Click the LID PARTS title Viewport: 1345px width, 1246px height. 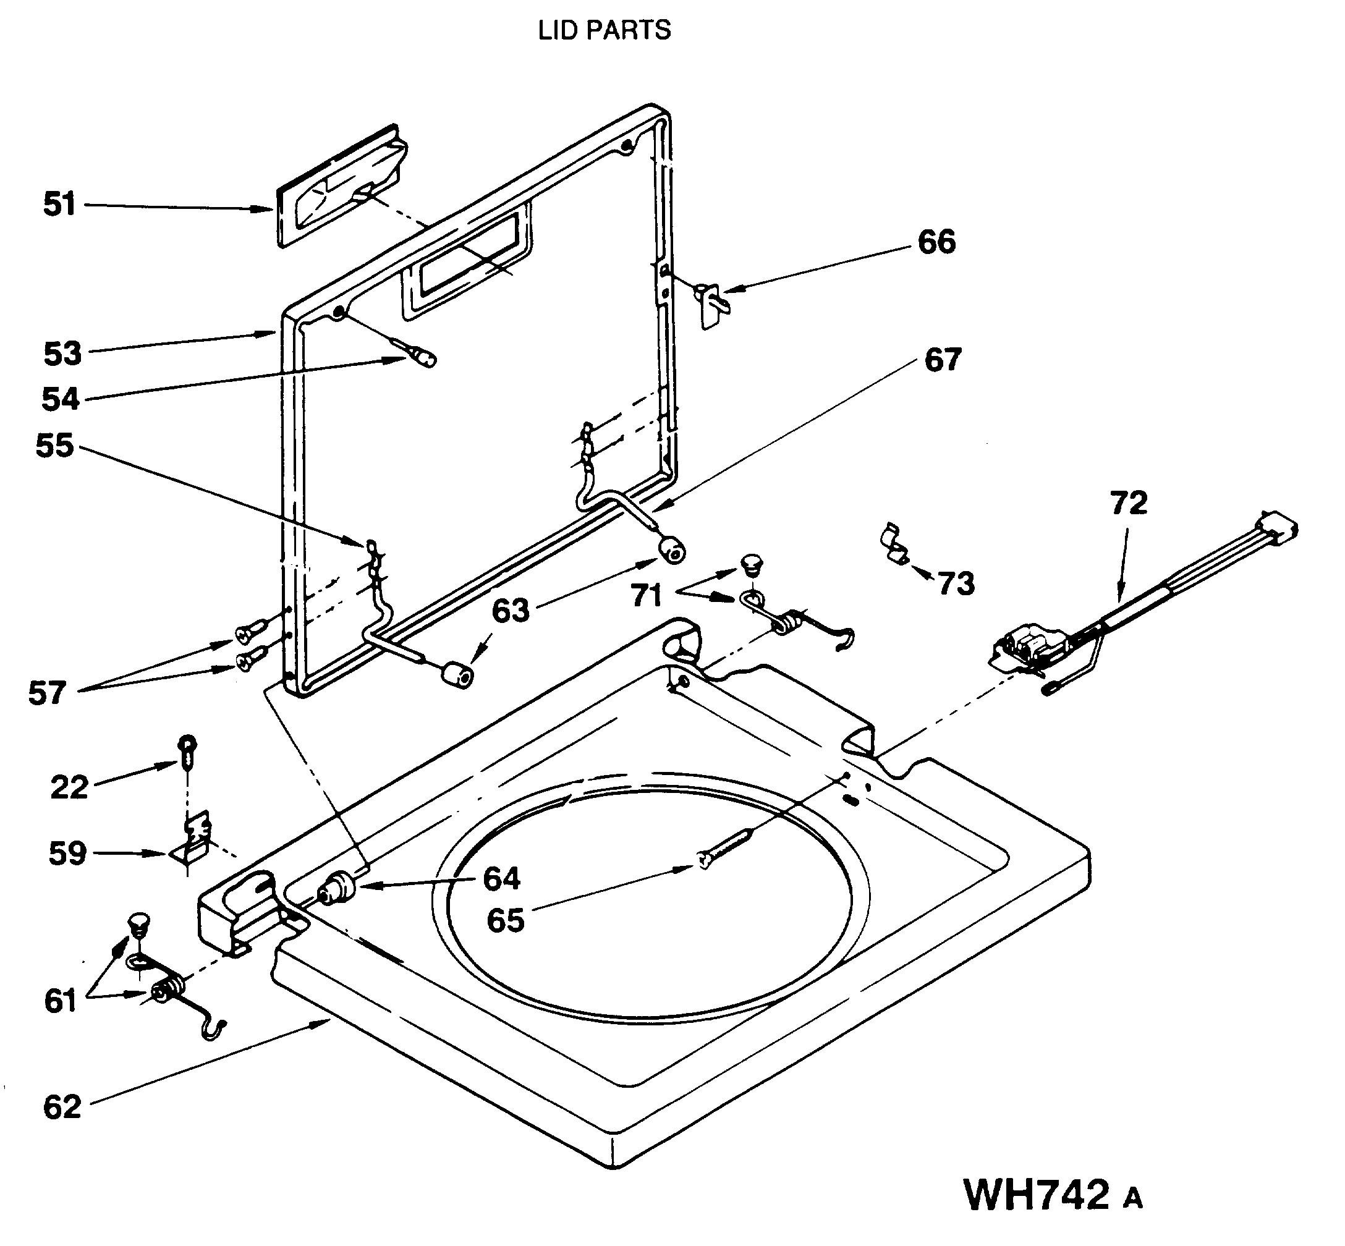click(604, 30)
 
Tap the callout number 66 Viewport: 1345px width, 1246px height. click(936, 242)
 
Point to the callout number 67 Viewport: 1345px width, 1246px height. click(942, 360)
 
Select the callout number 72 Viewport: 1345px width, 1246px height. click(1128, 504)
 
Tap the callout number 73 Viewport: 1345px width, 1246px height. click(956, 584)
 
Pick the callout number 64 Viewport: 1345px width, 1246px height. click(502, 878)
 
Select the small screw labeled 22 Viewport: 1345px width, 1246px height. click(187, 751)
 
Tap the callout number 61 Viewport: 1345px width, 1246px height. click(61, 1001)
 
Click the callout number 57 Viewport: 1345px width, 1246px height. click(47, 693)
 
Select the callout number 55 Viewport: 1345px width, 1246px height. click(54, 446)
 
